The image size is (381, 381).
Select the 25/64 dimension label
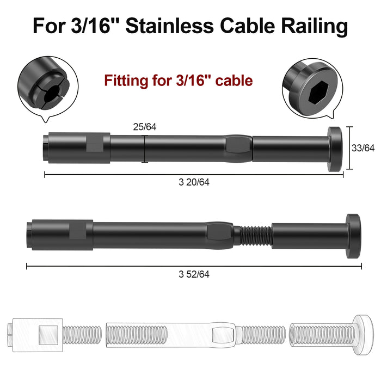[145, 127]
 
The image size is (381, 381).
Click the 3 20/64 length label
[194, 182]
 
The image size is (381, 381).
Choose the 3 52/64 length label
[194, 274]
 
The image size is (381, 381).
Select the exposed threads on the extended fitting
[255, 235]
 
